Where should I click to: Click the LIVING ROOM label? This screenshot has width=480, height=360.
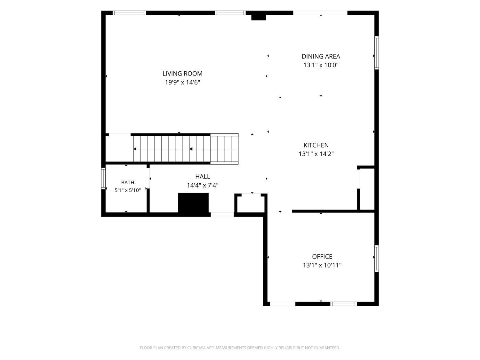(182, 74)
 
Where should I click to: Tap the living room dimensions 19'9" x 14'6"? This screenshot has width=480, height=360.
(182, 83)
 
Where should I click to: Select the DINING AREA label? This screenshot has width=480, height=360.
(321, 56)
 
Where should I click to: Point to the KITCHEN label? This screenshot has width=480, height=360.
(316, 145)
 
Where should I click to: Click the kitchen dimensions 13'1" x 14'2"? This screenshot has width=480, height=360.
(316, 154)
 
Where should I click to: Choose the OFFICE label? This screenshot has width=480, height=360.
(322, 256)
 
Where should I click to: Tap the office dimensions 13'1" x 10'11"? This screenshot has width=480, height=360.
(322, 265)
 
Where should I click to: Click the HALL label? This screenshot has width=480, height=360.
(203, 176)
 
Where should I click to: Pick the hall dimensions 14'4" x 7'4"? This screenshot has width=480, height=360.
(203, 185)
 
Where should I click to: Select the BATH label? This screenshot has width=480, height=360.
(128, 182)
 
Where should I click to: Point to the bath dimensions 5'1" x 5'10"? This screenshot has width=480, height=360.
(128, 190)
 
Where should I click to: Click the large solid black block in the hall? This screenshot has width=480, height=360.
(193, 203)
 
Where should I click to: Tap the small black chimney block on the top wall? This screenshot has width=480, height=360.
(259, 18)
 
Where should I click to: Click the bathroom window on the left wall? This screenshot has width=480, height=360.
(103, 178)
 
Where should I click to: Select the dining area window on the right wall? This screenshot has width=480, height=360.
(377, 53)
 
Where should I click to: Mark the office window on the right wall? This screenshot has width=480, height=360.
(377, 259)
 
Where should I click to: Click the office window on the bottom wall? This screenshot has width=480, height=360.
(343, 304)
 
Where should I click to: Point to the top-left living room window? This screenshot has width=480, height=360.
(129, 13)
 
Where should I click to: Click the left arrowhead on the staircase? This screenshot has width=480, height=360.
(135, 149)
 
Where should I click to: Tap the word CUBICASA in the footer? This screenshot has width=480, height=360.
(196, 348)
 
